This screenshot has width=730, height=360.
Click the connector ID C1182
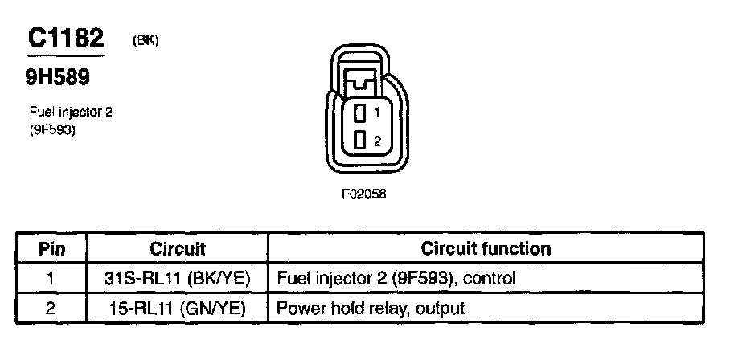click(x=65, y=39)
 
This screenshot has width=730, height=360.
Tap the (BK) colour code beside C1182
click(x=146, y=42)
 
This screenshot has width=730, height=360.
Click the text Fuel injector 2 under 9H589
click(x=70, y=112)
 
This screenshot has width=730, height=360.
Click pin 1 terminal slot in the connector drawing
click(x=360, y=112)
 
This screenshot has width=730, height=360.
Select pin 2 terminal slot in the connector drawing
click(x=360, y=140)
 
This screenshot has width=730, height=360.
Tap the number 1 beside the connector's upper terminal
click(x=376, y=113)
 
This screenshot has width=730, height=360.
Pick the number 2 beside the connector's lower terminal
click(x=376, y=141)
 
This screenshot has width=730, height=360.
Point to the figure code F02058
click(x=359, y=194)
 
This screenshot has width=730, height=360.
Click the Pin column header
click(x=51, y=249)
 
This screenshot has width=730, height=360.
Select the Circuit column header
click(x=178, y=249)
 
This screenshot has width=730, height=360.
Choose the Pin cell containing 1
click(x=51, y=279)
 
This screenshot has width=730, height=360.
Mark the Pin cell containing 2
click(x=51, y=308)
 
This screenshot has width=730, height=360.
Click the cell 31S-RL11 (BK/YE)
click(x=178, y=279)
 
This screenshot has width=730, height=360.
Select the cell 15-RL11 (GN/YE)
click(x=178, y=308)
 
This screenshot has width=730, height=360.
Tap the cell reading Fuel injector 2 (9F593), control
click(x=395, y=279)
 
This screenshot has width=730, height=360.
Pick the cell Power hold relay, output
click(x=370, y=308)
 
